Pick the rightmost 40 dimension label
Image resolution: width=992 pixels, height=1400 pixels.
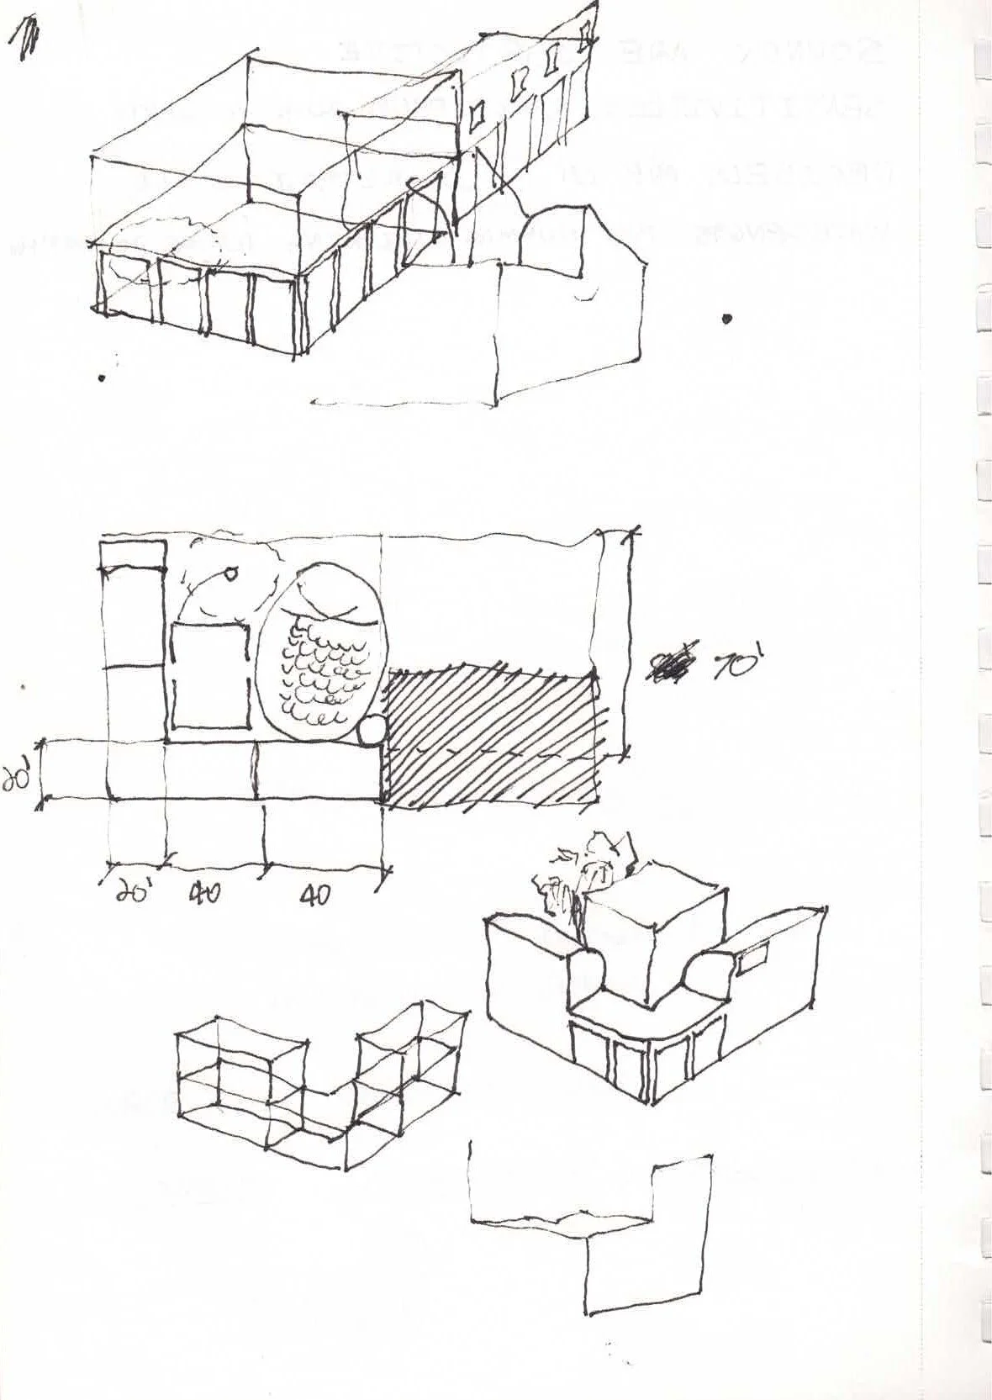click(314, 896)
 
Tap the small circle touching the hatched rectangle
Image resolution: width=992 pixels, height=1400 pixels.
click(370, 732)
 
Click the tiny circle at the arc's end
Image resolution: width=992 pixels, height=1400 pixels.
click(230, 575)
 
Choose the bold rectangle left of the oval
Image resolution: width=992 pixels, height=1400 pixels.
click(210, 677)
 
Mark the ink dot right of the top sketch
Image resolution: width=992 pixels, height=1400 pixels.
click(726, 319)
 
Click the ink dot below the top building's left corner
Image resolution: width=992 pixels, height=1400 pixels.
click(102, 378)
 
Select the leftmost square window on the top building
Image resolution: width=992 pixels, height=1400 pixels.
click(478, 114)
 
